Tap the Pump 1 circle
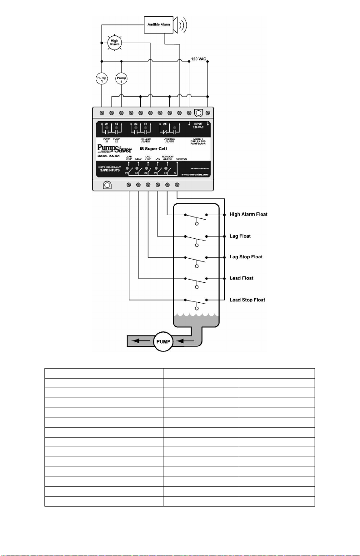(x=102, y=79)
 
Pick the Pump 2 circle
(x=121, y=79)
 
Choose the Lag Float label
(x=241, y=236)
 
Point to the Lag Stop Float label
(x=246, y=257)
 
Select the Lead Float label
(x=242, y=278)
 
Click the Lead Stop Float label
(x=247, y=300)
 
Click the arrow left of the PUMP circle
(x=139, y=340)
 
